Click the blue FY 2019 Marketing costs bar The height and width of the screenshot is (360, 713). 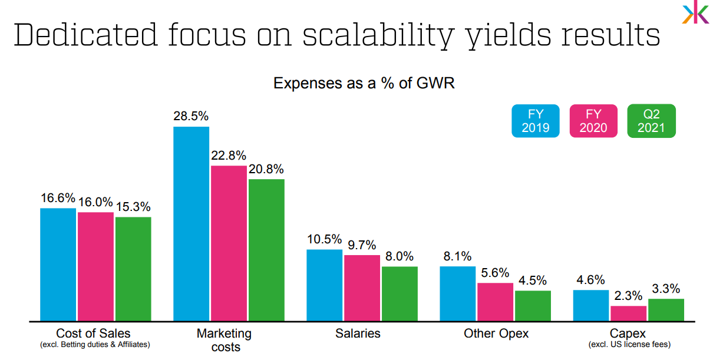coord(191,224)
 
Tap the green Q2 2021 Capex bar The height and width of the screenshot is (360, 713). coord(666,310)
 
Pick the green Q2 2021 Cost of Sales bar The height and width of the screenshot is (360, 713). coord(133,269)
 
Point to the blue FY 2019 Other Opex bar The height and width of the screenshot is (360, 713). coord(457,293)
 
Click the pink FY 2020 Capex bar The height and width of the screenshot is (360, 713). coord(628,313)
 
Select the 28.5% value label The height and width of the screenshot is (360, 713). coord(191,116)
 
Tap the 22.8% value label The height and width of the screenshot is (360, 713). coord(229,156)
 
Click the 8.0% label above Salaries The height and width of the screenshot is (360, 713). coord(399,257)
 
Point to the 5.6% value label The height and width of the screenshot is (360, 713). coord(495,273)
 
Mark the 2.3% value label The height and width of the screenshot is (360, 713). coord(629,296)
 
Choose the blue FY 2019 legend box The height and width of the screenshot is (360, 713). coord(534,121)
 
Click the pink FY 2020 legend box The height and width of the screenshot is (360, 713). coord(593,121)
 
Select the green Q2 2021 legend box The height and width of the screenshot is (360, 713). coord(651,121)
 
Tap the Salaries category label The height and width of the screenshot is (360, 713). coord(358,333)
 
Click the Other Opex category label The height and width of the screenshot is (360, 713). coord(496,333)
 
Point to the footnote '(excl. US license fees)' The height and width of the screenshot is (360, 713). coord(629,345)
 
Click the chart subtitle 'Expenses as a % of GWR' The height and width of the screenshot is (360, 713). coord(364,83)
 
